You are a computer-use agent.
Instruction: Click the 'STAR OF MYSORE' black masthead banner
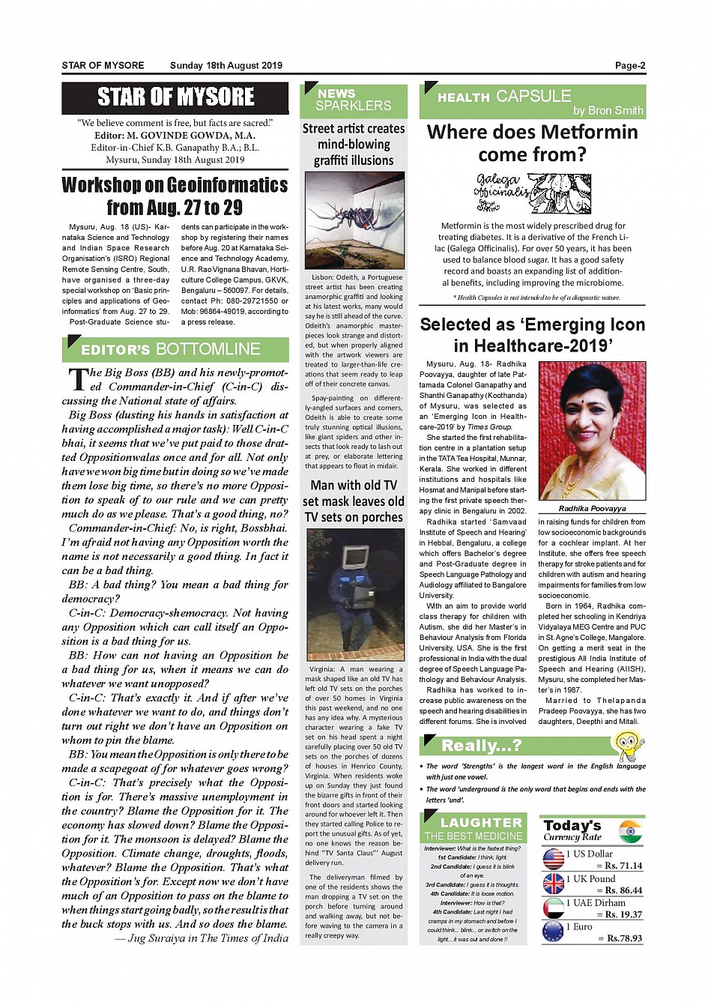(175, 97)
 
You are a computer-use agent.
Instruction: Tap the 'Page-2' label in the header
(629, 65)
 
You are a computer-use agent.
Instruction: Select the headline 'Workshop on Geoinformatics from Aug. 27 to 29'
(175, 196)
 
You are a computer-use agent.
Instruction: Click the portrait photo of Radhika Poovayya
(592, 430)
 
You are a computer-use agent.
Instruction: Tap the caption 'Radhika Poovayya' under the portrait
(592, 508)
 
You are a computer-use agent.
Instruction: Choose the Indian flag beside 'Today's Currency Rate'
(631, 831)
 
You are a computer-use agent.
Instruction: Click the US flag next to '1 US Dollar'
(554, 859)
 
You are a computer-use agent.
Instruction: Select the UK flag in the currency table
(554, 884)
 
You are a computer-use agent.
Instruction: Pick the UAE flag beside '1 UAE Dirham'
(554, 908)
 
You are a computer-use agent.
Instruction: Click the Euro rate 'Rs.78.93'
(624, 938)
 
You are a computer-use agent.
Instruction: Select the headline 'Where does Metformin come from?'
(532, 143)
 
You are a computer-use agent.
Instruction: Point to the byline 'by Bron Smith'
(608, 110)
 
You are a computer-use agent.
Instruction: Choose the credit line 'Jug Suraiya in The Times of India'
(207, 938)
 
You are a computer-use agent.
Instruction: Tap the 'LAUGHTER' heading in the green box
(481, 822)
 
